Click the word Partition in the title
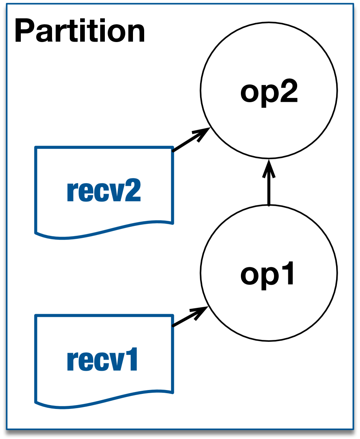(80, 32)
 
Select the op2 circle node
(269, 90)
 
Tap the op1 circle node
(269, 273)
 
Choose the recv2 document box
(104, 189)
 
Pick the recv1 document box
(104, 358)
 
